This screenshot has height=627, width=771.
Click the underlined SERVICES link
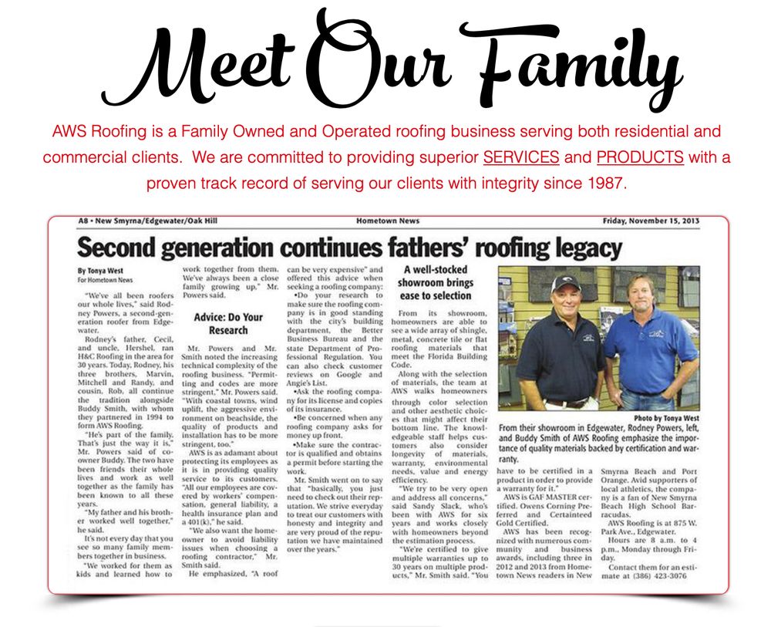click(521, 157)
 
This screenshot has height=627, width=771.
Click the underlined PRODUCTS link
click(640, 157)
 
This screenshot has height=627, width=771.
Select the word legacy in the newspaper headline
click(581, 248)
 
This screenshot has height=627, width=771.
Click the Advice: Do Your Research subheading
click(228, 323)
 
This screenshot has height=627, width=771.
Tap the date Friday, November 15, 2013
click(651, 221)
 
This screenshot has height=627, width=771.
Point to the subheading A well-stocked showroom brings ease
click(436, 282)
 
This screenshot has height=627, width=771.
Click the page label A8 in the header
click(84, 221)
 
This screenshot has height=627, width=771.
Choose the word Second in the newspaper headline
click(124, 248)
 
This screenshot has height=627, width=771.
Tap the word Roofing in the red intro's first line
click(111, 130)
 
